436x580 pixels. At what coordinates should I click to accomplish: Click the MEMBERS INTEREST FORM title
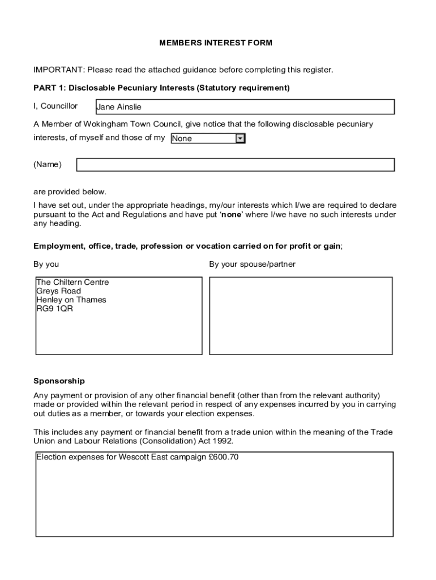pos(216,43)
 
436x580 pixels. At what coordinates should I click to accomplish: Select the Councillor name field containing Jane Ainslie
pos(245,107)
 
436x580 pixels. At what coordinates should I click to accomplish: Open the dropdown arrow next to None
pos(240,138)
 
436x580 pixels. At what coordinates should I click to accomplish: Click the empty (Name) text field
pos(235,165)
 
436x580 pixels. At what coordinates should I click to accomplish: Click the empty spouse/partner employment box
pos(301,315)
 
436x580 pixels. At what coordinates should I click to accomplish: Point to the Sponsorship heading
pos(59,381)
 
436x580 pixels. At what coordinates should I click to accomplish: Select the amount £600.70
pos(224,457)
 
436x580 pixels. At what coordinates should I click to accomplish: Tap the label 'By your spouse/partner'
pos(252,265)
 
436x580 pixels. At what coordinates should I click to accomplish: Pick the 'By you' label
pos(46,265)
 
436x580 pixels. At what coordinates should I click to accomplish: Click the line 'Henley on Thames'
pos(71,300)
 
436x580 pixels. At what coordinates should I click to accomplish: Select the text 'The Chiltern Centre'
pos(72,282)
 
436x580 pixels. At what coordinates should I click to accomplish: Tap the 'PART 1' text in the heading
pos(49,88)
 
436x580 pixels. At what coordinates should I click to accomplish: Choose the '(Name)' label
pos(48,165)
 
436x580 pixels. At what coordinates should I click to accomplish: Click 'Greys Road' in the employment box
pos(58,291)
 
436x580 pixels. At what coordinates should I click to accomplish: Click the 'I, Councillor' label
pos(55,106)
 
